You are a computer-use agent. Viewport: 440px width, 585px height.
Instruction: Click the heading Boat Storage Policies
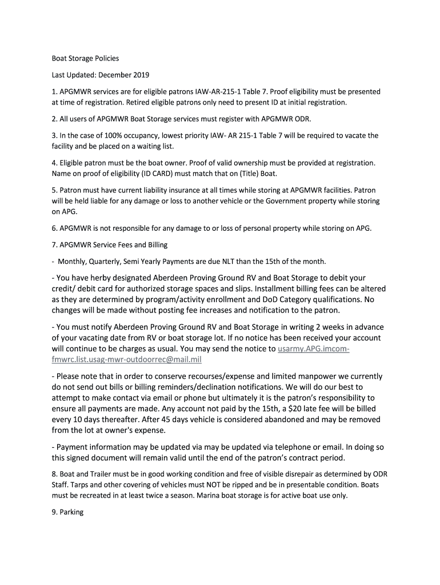[x=85, y=58]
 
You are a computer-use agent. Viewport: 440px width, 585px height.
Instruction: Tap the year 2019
[x=140, y=75]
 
